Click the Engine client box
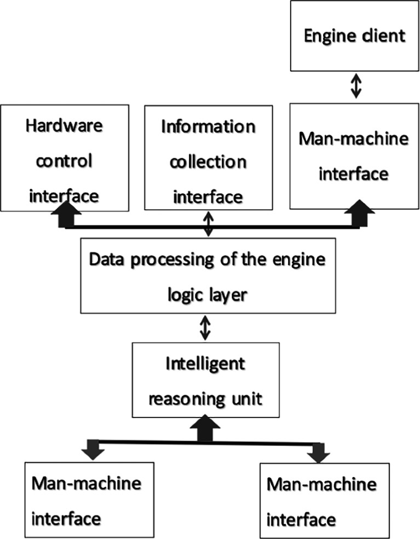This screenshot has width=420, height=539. pyautogui.click(x=354, y=35)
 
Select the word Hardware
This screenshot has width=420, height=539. pyautogui.click(x=64, y=126)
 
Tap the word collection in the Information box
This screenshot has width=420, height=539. pyautogui.click(x=208, y=162)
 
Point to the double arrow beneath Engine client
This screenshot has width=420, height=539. pyautogui.click(x=354, y=86)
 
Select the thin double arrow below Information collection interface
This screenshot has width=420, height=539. pyautogui.click(x=208, y=224)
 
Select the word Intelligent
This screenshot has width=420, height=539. pyautogui.click(x=205, y=363)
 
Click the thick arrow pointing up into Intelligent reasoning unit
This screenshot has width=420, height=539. pyautogui.click(x=206, y=428)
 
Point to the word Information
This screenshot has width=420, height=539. pyautogui.click(x=208, y=127)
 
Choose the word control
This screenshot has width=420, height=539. pyautogui.click(x=64, y=161)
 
